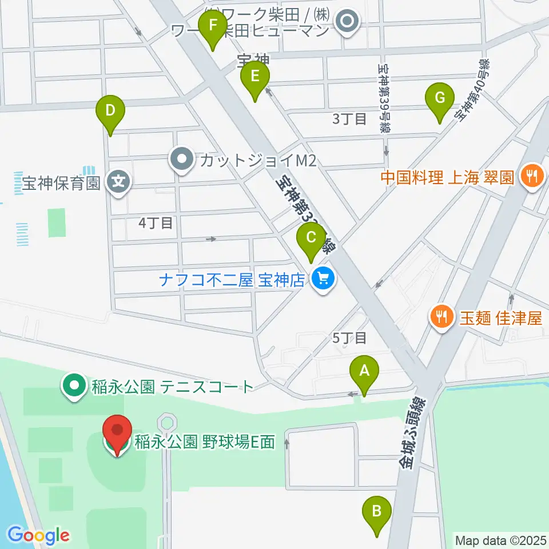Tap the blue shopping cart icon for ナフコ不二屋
[324, 280]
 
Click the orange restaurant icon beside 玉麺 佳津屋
[442, 317]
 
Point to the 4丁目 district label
[156, 223]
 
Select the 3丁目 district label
[349, 119]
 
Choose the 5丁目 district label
[349, 338]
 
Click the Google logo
[39, 535]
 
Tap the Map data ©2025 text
[500, 540]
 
